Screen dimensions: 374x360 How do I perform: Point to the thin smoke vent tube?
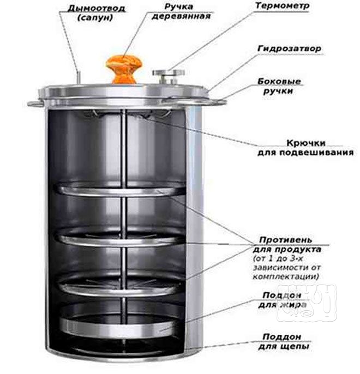pos(77,77)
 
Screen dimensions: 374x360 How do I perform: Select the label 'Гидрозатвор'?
pos(289,49)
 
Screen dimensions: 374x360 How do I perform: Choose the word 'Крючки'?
pos(302,143)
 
